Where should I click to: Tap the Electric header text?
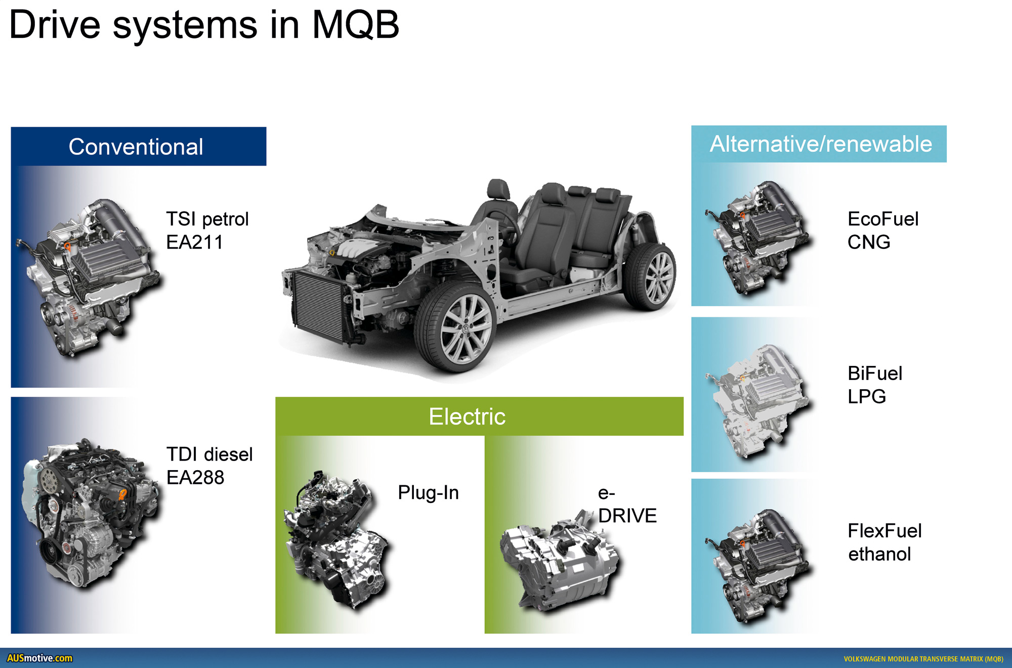coord(467,416)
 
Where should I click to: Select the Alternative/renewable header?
coord(820,144)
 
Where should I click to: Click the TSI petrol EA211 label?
coord(207,231)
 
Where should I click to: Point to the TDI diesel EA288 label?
coord(209,466)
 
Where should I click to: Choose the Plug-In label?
coord(428,492)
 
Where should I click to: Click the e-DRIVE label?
coord(626,505)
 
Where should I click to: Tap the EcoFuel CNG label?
coord(882,231)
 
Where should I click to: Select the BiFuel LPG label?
coord(874,385)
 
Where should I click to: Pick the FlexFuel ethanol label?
coord(884,542)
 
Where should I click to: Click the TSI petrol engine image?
coord(91,276)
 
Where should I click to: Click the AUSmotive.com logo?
coord(39,658)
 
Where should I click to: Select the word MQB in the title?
coord(356,25)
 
